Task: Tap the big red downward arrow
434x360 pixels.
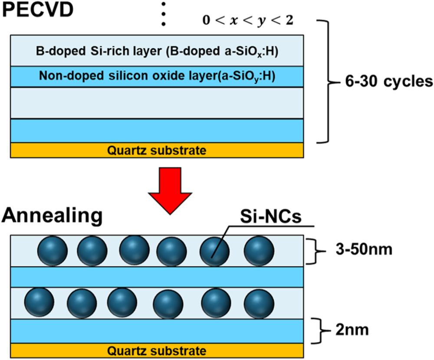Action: tap(171, 187)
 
